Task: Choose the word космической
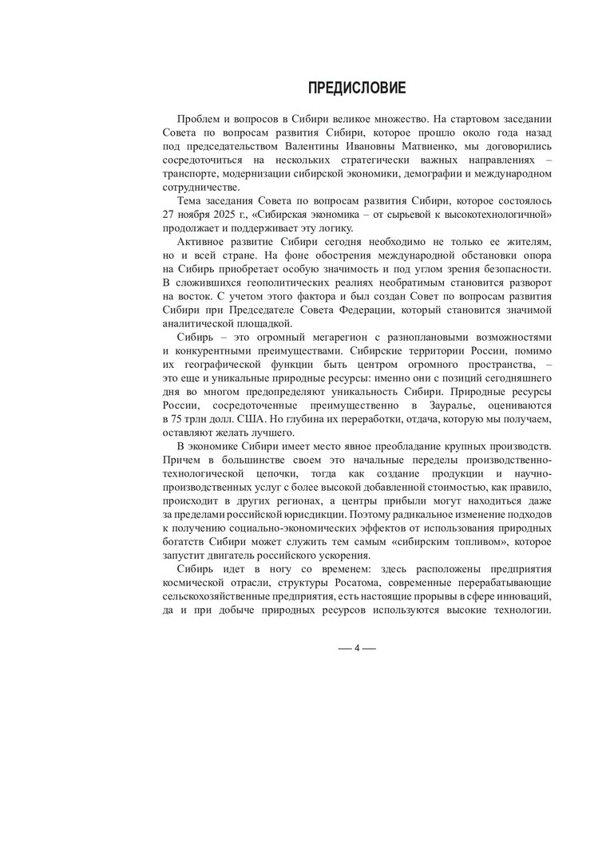click(x=192, y=584)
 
